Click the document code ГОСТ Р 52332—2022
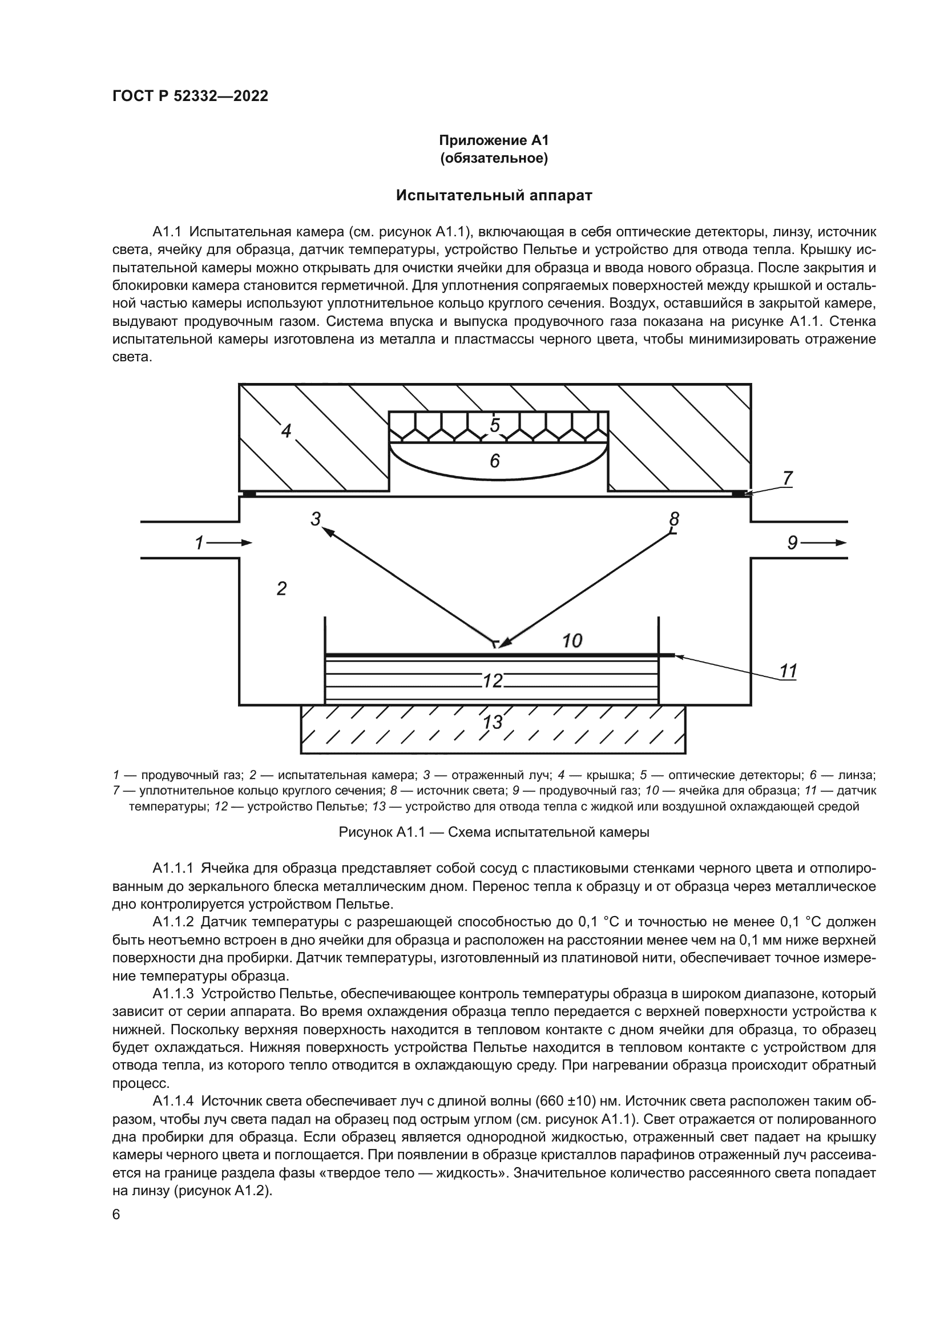pyautogui.click(x=190, y=96)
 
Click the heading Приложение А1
pyautogui.click(x=494, y=141)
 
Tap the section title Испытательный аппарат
pyautogui.click(x=494, y=195)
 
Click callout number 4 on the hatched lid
pyautogui.click(x=286, y=431)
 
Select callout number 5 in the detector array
pyautogui.click(x=495, y=426)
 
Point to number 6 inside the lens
pyautogui.click(x=495, y=461)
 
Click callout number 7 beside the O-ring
pyautogui.click(x=787, y=478)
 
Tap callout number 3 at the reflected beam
pyautogui.click(x=316, y=519)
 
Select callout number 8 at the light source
pyautogui.click(x=674, y=518)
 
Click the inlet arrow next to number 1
pyautogui.click(x=237, y=543)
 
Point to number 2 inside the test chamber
pyautogui.click(x=281, y=589)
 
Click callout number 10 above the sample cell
pyautogui.click(x=572, y=641)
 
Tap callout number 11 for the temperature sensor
pyautogui.click(x=788, y=672)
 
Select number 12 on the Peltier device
pyautogui.click(x=493, y=680)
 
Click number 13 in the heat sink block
pyautogui.click(x=493, y=723)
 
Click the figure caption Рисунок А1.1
pyautogui.click(x=494, y=832)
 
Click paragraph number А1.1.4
pyautogui.click(x=175, y=1101)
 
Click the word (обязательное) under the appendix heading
pyautogui.click(x=494, y=159)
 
